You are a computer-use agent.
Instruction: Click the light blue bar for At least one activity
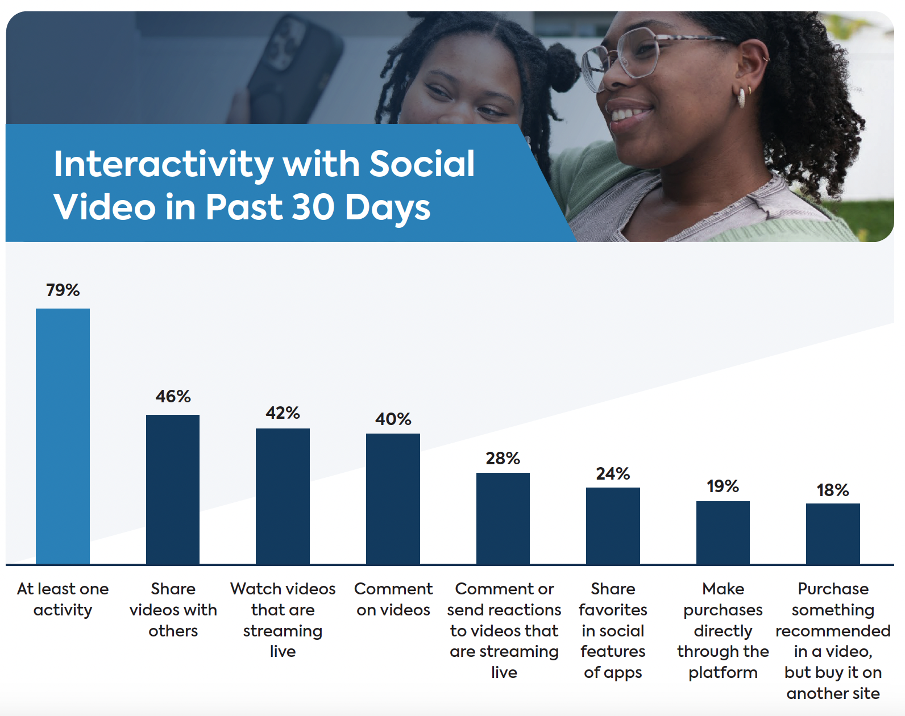(63, 436)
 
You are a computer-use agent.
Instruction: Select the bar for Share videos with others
(173, 489)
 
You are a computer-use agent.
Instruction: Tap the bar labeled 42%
(283, 496)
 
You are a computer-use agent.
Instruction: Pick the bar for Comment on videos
(393, 498)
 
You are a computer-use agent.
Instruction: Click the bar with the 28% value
(503, 518)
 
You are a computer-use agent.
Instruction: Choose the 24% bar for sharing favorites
(613, 526)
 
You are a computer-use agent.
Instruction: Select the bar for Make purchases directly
(723, 532)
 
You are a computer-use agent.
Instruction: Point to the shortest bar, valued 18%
(833, 534)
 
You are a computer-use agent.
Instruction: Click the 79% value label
(63, 290)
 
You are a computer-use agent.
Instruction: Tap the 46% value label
(173, 396)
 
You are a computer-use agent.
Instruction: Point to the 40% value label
(393, 419)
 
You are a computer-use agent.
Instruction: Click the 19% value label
(723, 486)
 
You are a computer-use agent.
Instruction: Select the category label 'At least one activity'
(63, 599)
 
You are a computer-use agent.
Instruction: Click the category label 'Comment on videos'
(393, 599)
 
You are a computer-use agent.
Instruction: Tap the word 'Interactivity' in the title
(164, 164)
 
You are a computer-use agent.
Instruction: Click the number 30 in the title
(313, 207)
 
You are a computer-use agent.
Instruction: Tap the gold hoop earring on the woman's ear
(742, 97)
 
